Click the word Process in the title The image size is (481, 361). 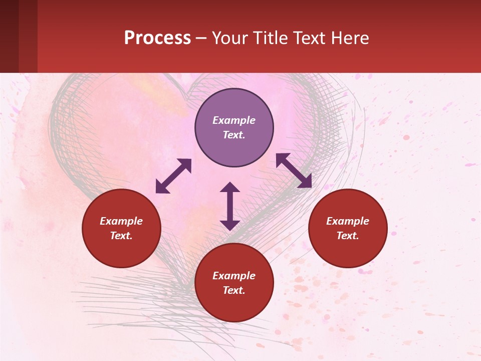point(157,38)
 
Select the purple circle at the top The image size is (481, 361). point(234,128)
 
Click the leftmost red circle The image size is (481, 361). point(121,228)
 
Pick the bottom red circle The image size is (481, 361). point(234,283)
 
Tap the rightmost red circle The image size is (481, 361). point(348,228)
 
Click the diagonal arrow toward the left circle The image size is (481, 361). point(173,176)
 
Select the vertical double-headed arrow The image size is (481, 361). point(230,206)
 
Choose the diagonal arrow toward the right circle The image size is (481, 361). point(294,170)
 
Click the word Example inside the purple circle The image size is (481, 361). point(234,120)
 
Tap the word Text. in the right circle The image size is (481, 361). point(348,236)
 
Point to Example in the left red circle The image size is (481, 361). point(121,221)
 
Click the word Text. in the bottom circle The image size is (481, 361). point(234,290)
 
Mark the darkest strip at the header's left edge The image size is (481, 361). point(9,36)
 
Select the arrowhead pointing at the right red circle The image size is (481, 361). point(305,182)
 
